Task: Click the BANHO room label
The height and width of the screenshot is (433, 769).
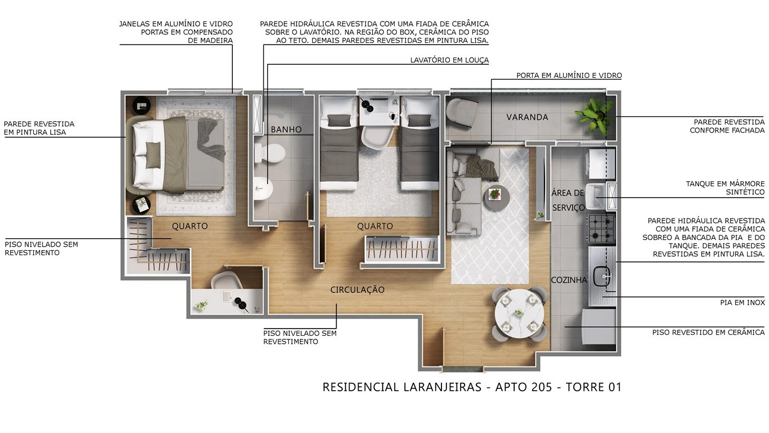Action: click(x=286, y=129)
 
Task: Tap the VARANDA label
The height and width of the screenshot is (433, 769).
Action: click(x=527, y=117)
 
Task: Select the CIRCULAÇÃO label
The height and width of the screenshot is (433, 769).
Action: click(x=357, y=290)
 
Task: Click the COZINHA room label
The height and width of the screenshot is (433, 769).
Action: click(x=569, y=280)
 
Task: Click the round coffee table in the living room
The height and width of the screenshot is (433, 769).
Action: click(x=496, y=196)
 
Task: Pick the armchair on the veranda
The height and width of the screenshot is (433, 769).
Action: click(x=462, y=111)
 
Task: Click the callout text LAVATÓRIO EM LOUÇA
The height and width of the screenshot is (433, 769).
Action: click(x=449, y=60)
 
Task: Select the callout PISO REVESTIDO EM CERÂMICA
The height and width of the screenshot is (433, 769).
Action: click(x=708, y=333)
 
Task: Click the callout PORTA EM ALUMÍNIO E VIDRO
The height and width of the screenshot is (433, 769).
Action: click(x=569, y=75)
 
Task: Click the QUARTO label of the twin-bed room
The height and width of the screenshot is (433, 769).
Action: click(x=375, y=226)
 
